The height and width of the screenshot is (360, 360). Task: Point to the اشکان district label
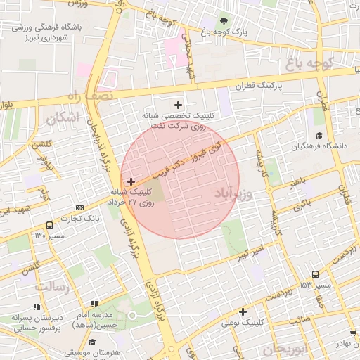coord(61,118)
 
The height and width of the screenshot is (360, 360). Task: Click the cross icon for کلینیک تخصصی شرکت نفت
coord(186,105)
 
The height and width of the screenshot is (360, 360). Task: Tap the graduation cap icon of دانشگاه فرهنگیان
coord(319,135)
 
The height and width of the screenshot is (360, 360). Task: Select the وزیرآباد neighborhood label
coord(231,193)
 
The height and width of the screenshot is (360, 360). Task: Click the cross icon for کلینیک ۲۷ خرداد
coord(131,181)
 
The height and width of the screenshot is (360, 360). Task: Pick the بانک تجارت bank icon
coord(79,207)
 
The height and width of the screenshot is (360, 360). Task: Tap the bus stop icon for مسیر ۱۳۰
coord(49,226)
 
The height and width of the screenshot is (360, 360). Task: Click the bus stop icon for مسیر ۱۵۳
coord(315,275)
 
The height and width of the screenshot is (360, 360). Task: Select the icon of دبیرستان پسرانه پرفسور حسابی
coord(36,307)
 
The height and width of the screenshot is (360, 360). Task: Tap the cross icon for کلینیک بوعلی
coord(243,311)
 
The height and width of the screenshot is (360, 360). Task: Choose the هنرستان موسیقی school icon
coord(92,342)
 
